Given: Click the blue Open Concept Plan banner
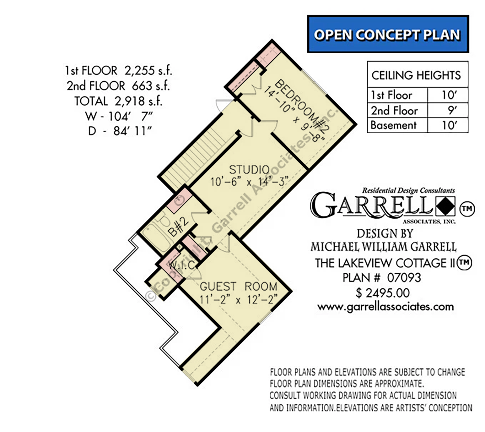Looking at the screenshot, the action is [x=388, y=34].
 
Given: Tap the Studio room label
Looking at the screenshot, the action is [x=249, y=170].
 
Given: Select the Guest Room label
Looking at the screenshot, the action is [x=238, y=287].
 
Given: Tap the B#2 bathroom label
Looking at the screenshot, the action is [x=178, y=227].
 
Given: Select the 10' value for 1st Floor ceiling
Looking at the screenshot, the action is [x=448, y=95].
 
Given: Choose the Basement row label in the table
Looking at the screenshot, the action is [x=394, y=125].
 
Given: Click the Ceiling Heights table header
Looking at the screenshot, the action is [x=416, y=75].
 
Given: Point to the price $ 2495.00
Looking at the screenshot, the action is [x=383, y=293].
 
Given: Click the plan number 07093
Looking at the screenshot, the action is [x=404, y=278].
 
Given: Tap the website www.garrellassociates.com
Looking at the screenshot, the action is [x=386, y=307].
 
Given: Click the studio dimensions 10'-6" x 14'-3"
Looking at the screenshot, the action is [x=249, y=182].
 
